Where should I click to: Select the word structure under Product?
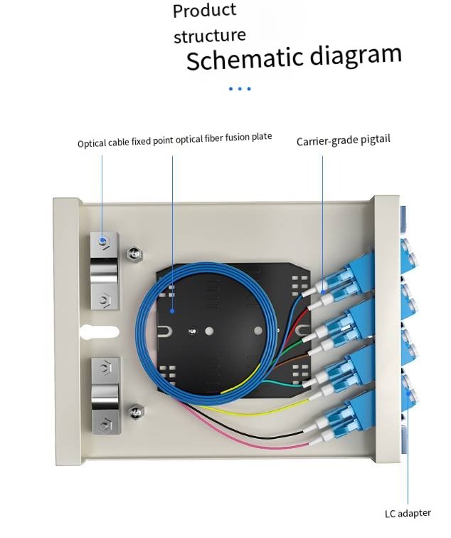(210, 36)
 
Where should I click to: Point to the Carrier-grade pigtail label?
(343, 141)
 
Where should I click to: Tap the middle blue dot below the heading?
(240, 89)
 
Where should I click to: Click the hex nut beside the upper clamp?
(133, 254)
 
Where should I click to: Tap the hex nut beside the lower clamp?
(133, 411)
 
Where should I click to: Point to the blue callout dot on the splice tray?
(173, 311)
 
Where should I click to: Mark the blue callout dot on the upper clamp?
(103, 240)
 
